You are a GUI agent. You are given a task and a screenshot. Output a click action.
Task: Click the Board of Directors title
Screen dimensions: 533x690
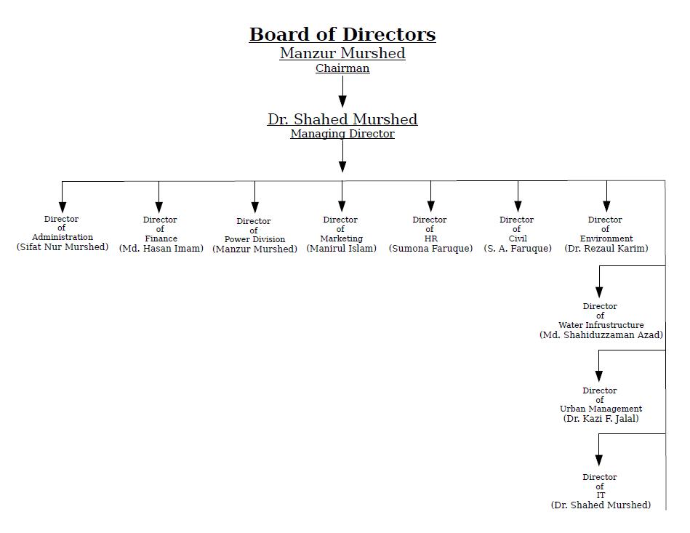pos(342,34)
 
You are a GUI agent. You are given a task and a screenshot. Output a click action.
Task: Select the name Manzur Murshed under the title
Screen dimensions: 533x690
pos(342,53)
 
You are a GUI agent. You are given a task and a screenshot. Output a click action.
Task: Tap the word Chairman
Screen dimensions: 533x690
pos(342,68)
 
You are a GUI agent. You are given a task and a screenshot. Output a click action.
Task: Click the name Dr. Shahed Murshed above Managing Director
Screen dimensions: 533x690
pos(342,119)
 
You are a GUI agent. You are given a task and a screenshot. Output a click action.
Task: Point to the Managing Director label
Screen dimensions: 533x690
pos(342,134)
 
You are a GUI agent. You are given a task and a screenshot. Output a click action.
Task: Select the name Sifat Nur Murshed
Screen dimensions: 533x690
pos(63,247)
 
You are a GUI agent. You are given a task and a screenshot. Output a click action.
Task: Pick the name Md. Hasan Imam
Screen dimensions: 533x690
pos(161,249)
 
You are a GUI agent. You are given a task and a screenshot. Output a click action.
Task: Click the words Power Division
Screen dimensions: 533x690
pos(254,239)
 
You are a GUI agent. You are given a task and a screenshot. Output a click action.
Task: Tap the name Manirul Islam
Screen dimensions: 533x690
pos(342,249)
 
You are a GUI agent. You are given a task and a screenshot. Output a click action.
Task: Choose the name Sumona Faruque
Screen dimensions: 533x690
pos(430,249)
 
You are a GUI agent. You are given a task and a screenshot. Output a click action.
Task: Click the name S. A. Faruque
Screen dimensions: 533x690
pos(518,249)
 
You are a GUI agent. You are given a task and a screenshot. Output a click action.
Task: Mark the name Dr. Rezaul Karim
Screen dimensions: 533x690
pos(606,249)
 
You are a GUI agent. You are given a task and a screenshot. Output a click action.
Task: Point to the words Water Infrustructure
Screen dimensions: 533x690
pos(601,325)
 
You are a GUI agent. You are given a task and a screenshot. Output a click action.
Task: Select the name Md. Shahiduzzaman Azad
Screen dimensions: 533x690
pos(601,335)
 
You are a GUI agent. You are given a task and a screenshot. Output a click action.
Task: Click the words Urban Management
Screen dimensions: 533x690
pos(601,409)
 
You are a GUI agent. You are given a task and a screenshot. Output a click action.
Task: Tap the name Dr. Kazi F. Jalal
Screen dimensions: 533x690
pos(601,419)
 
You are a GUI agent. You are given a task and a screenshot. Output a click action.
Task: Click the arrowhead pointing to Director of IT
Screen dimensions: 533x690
pos(599,460)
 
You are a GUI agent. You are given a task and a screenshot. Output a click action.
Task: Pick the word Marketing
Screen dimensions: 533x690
pos(342,239)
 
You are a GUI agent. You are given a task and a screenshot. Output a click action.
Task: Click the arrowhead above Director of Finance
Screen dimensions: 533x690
pos(159,207)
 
